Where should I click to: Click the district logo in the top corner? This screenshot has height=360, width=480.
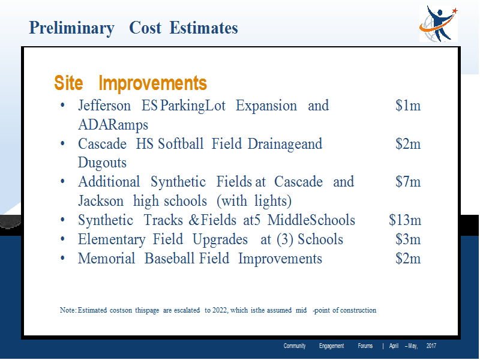click(x=439, y=23)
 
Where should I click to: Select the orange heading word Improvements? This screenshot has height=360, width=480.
click(x=153, y=83)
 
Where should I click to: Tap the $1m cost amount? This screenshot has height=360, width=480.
click(x=408, y=106)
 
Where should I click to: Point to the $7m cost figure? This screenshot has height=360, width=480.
click(x=408, y=182)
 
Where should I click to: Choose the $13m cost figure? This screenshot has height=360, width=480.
click(x=405, y=220)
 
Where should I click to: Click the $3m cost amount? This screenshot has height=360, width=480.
click(x=408, y=239)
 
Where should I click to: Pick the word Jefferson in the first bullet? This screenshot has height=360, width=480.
click(x=104, y=106)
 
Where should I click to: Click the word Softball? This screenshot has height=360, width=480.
click(x=181, y=143)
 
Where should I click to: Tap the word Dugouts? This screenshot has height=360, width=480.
click(x=102, y=163)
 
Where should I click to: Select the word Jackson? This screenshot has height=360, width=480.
click(x=101, y=201)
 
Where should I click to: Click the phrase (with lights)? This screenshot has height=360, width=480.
click(x=254, y=201)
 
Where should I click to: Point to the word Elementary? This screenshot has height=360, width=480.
click(x=112, y=239)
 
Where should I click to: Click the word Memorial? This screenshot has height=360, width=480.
click(x=107, y=259)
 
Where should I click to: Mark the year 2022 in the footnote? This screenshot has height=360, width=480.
click(x=220, y=310)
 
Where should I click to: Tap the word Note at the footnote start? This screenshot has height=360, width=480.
click(x=67, y=310)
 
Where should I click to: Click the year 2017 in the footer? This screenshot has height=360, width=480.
click(x=431, y=346)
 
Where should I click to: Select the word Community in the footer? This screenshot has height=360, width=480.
click(x=295, y=346)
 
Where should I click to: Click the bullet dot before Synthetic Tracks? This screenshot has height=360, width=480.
click(x=62, y=220)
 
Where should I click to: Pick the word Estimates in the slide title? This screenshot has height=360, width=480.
click(x=203, y=28)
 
